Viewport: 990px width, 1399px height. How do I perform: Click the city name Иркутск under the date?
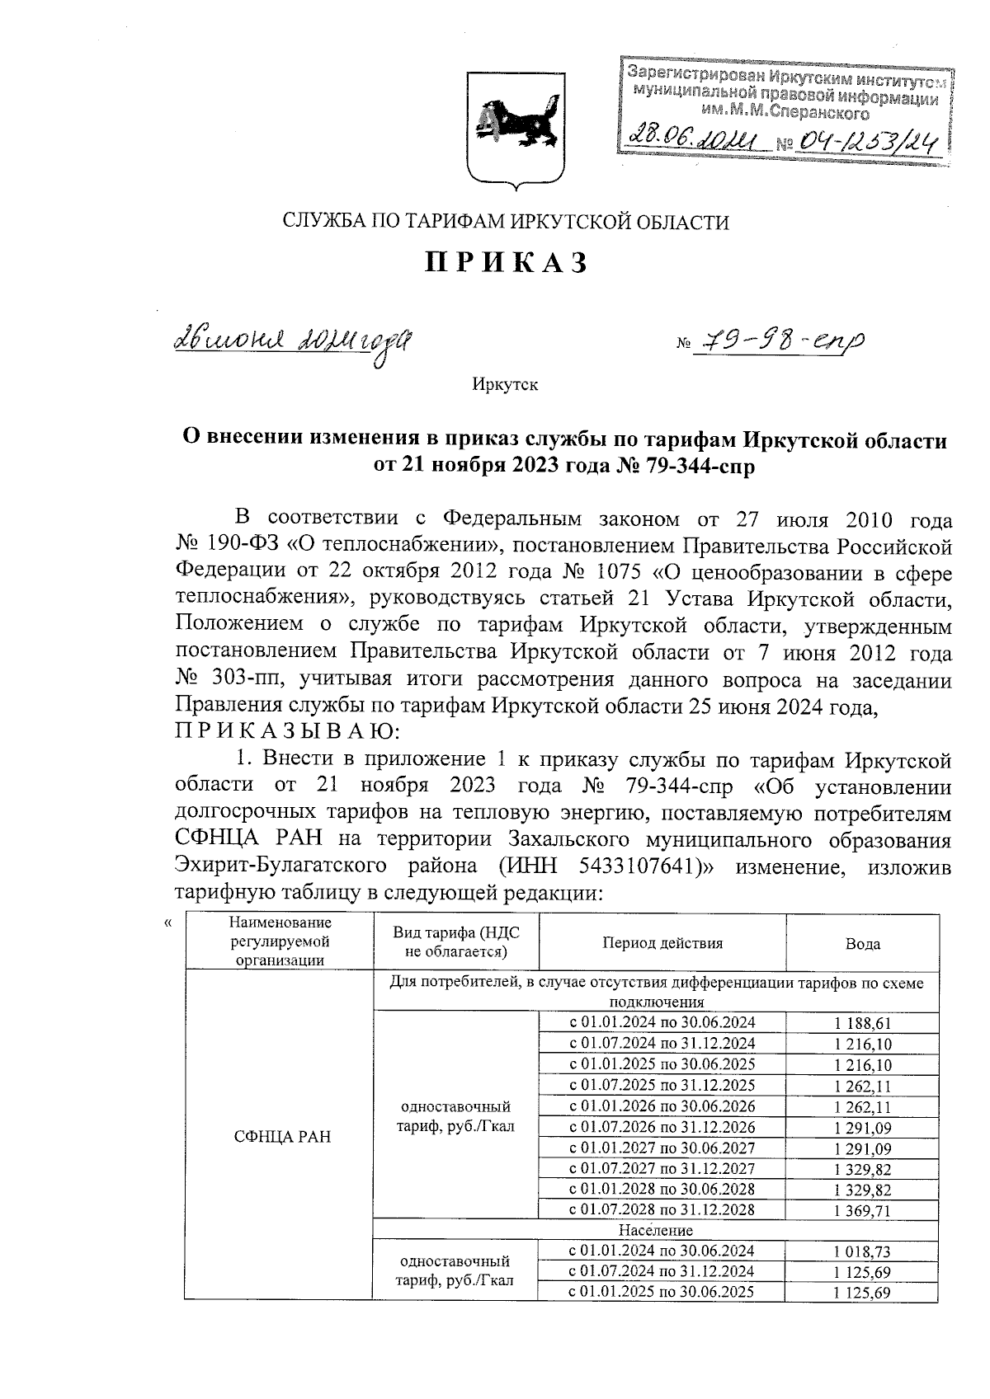click(506, 385)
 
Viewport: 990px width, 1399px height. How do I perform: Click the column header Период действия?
click(662, 944)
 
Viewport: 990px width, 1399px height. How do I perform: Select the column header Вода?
click(862, 945)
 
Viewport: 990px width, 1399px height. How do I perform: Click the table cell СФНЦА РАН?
click(282, 1137)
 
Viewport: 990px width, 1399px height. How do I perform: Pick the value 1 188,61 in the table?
click(862, 1023)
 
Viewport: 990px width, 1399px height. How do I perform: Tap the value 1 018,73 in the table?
click(862, 1251)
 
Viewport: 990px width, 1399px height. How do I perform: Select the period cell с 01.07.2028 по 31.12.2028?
click(662, 1210)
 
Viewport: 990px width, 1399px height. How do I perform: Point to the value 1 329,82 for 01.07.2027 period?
click(862, 1169)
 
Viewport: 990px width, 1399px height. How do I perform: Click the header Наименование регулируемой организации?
click(280, 941)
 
